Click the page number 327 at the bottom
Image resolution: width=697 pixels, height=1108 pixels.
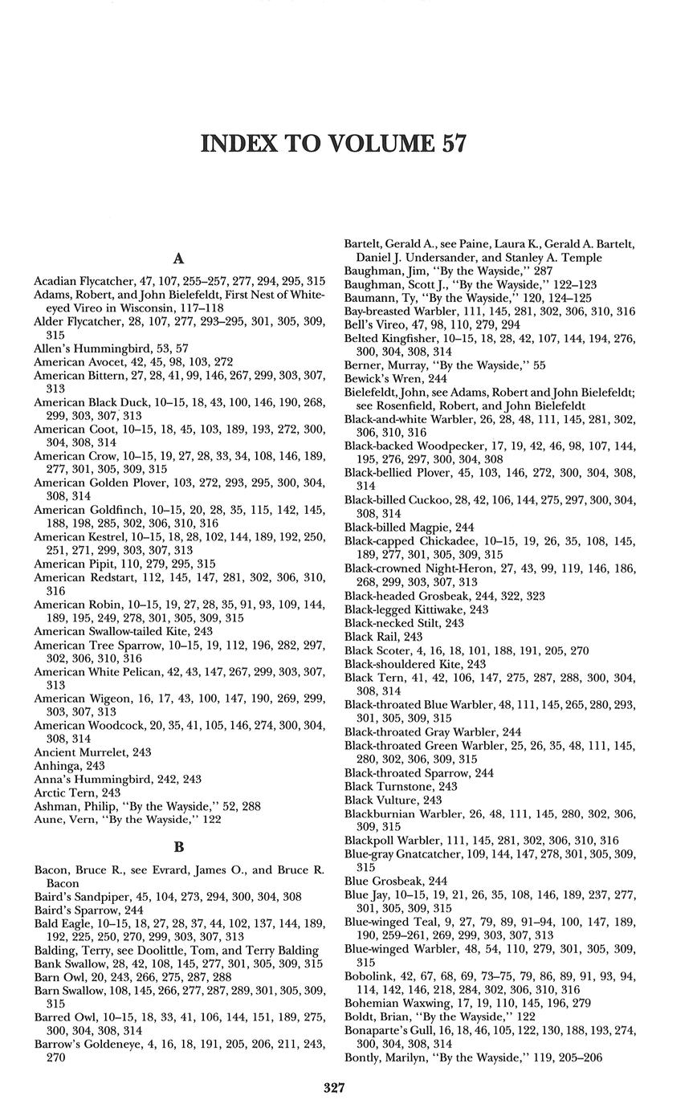pyautogui.click(x=334, y=1088)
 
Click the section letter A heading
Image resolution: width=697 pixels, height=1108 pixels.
pyautogui.click(x=179, y=259)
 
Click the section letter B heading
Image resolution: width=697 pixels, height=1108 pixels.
pyautogui.click(x=179, y=846)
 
